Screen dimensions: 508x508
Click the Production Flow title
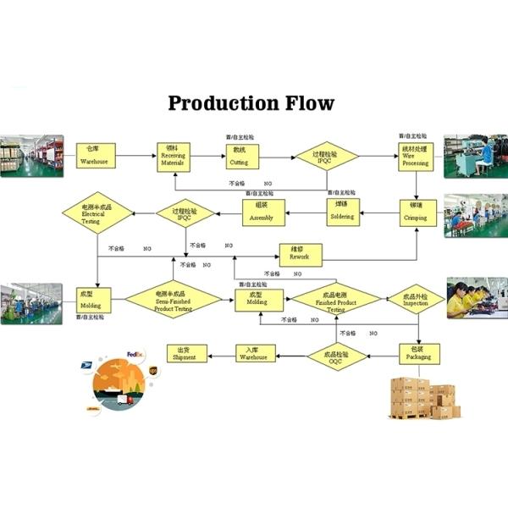pos(251,103)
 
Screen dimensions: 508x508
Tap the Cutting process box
pos(240,157)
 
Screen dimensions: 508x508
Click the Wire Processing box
pos(415,157)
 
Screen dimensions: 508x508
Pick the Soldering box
pos(344,212)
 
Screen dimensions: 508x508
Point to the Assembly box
pos(262,212)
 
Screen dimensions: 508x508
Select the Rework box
pos(300,253)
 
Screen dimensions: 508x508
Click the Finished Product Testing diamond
pos(336,301)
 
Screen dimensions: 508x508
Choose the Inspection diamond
pos(416,300)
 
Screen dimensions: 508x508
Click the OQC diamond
pos(337,353)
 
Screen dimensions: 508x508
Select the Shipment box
pos(185,353)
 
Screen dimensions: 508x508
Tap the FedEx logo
pos(135,354)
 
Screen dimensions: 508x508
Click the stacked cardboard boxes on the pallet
pos(423,396)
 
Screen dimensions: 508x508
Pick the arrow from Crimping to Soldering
pos(381,212)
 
